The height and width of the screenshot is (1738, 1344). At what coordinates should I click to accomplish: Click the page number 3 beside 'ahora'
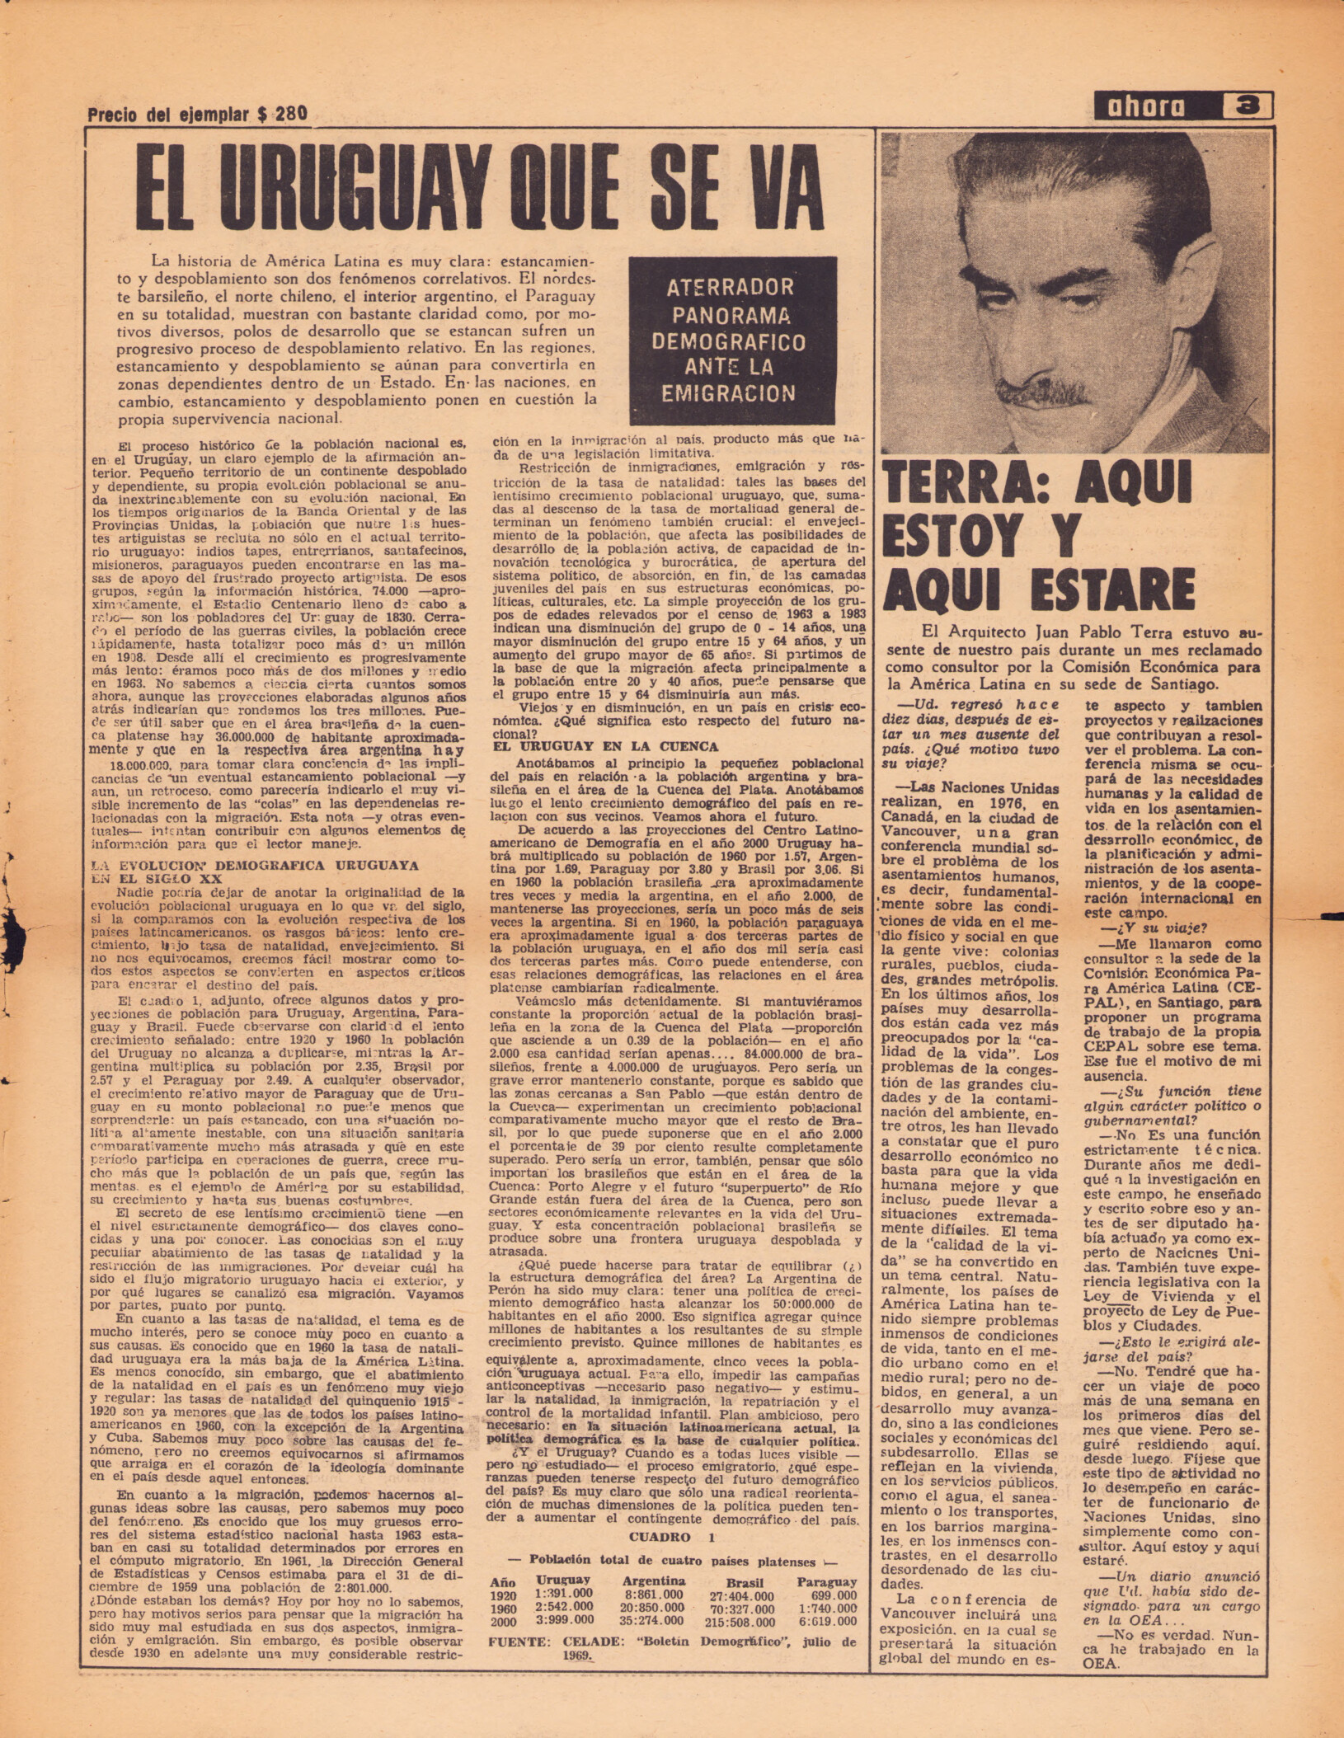pyautogui.click(x=1251, y=106)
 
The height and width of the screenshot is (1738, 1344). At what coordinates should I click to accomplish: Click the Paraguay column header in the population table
pyautogui.click(x=826, y=1581)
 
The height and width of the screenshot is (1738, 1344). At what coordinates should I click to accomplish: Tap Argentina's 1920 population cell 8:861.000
pyautogui.click(x=653, y=1595)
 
